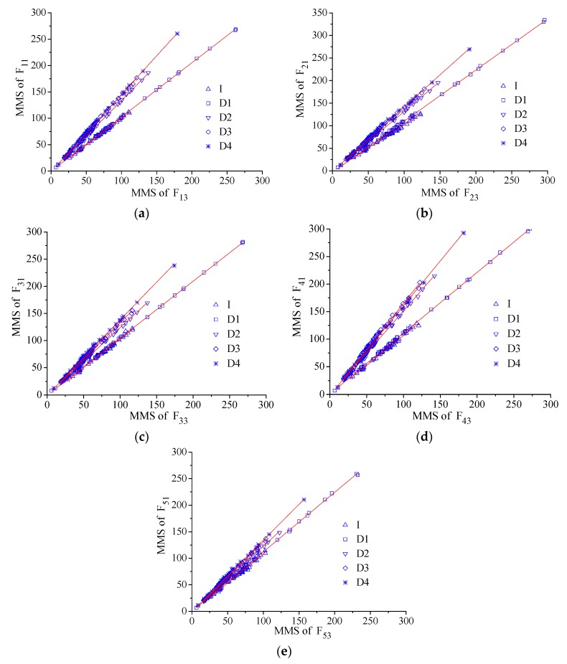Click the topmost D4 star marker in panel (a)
[x=177, y=34]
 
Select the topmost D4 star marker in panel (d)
[x=464, y=233]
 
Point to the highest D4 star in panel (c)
[x=174, y=265]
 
